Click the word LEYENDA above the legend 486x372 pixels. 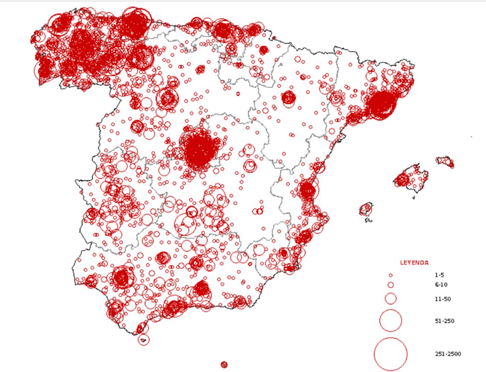414,263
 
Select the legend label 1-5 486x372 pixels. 440,275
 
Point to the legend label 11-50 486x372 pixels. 443,299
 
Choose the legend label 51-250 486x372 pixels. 444,321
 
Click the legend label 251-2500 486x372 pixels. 448,354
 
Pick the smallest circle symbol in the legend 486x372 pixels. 390,275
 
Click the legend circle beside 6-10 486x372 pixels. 390,285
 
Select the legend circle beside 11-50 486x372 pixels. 390,299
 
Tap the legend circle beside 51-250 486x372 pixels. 390,321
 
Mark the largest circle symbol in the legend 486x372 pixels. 390,354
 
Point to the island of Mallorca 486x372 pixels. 412,178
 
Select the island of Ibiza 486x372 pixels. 366,209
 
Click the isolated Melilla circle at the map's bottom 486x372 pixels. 224,365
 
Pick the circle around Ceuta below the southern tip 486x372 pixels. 144,340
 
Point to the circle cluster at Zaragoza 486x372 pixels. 289,98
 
